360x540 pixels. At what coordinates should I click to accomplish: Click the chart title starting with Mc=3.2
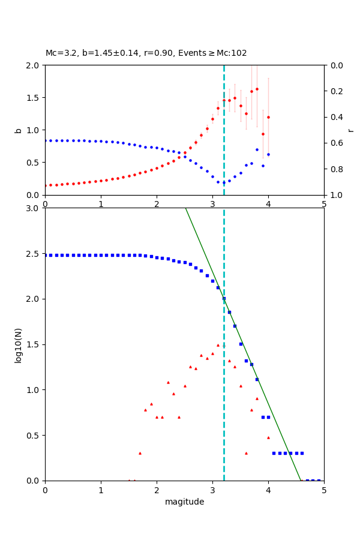[146, 53]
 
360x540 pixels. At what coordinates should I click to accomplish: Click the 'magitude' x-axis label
[184, 502]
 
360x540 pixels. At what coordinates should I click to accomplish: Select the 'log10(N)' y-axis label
[18, 344]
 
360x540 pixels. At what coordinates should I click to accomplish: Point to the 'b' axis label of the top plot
[18, 130]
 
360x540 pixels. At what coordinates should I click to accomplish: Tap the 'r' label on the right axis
[350, 130]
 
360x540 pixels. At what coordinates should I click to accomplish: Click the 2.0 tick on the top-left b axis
[34, 65]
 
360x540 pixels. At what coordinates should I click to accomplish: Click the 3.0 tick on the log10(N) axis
[34, 208]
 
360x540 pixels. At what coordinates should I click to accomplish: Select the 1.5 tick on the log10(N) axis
[34, 344]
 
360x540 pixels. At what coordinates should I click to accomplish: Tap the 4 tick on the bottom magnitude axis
[268, 490]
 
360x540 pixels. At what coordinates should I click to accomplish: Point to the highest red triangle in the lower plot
[218, 345]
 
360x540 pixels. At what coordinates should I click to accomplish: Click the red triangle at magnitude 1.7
[140, 453]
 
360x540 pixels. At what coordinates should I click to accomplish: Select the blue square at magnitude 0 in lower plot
[46, 255]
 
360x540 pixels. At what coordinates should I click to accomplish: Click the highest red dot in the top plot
[257, 89]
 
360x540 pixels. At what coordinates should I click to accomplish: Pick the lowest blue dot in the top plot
[223, 182]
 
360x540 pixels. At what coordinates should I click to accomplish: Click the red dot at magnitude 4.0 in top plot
[268, 117]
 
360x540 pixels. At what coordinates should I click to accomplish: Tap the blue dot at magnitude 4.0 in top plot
[268, 154]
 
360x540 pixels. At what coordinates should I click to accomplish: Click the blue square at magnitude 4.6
[302, 453]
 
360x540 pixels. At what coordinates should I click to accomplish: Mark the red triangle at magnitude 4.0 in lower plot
[268, 437]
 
